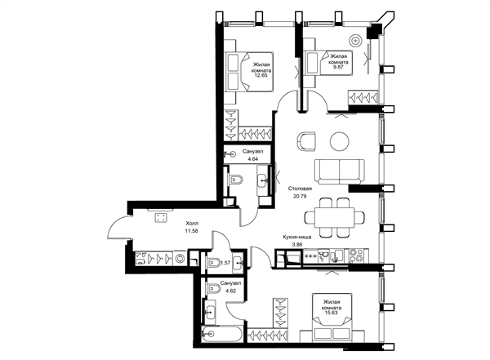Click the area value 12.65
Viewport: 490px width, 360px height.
[x=261, y=75]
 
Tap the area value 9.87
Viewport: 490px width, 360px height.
[x=338, y=67]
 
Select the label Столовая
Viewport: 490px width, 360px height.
[x=300, y=189]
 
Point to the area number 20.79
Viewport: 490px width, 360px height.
[x=300, y=197]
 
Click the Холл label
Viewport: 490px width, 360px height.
[x=192, y=224]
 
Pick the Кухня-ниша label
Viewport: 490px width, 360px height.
[x=297, y=237]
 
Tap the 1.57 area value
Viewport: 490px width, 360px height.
[x=225, y=263]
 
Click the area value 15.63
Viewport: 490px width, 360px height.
[x=332, y=313]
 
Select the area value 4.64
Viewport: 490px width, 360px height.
[x=253, y=159]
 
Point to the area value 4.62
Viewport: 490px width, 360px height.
[x=230, y=291]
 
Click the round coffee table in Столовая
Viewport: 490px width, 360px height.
[x=339, y=141]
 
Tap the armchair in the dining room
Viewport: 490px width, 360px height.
[x=306, y=141]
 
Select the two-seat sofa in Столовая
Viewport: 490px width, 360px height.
[x=340, y=171]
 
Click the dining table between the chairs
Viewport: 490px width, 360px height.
[x=335, y=217]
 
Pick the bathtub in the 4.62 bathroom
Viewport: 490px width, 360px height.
[x=222, y=335]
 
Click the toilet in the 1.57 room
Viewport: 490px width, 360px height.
[x=215, y=263]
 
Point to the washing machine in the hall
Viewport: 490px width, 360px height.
[x=180, y=259]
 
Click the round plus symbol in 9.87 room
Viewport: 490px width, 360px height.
[x=355, y=41]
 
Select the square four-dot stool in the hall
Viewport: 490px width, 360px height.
[x=161, y=217]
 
